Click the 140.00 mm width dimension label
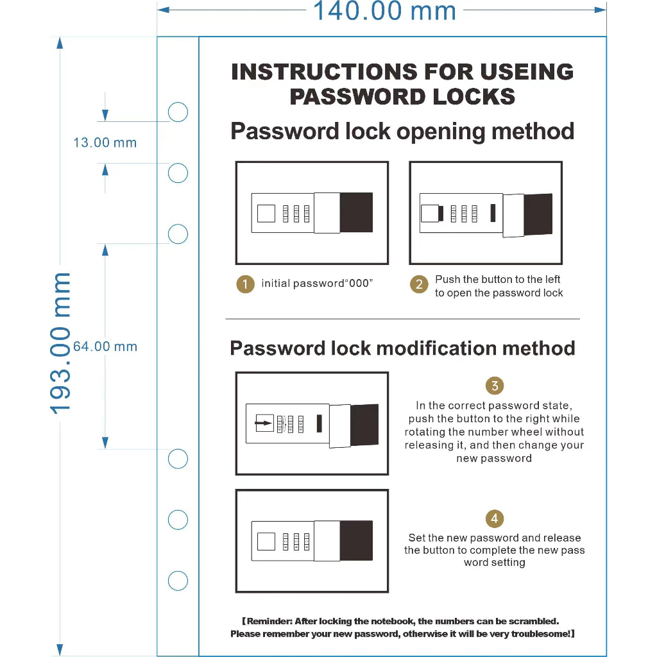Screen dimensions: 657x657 [384, 11]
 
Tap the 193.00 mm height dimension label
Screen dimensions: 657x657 [62, 343]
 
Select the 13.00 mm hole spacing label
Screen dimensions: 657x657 [105, 142]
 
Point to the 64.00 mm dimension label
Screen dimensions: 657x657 [105, 346]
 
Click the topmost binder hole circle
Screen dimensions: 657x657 [178, 112]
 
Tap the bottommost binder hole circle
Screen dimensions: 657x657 [178, 581]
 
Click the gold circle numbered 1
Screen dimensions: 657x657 [245, 284]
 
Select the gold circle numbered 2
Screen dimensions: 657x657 [419, 285]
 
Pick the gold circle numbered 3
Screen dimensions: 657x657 [495, 386]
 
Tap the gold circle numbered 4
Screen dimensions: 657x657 [495, 518]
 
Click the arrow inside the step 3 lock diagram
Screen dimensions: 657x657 [263, 423]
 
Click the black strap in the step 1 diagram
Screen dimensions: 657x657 [356, 212]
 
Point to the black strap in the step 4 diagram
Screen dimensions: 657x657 [356, 540]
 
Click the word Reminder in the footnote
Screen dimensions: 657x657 [269, 621]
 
